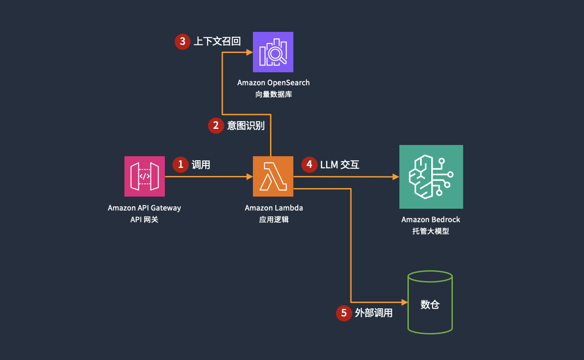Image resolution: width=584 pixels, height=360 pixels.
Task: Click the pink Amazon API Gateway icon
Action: [144, 176]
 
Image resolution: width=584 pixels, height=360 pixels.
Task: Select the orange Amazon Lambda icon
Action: [273, 176]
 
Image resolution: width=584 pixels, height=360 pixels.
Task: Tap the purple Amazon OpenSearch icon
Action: [273, 52]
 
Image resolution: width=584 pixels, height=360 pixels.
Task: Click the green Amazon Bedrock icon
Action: [431, 176]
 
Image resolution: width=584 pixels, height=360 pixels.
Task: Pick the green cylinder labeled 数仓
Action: [430, 302]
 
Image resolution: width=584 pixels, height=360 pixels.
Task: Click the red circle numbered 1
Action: [181, 165]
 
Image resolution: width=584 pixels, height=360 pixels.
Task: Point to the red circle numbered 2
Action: [216, 126]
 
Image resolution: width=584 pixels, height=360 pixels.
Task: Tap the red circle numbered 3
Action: [182, 42]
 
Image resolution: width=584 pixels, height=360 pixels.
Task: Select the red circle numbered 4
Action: [309, 165]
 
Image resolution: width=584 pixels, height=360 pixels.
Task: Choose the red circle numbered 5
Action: [344, 313]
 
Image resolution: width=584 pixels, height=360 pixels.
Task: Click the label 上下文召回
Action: [217, 42]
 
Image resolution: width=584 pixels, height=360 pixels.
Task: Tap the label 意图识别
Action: [246, 126]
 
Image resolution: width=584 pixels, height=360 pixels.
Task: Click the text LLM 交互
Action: [340, 165]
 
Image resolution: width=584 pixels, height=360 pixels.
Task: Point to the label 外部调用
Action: [373, 313]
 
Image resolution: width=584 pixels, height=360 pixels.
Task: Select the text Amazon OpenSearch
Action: [273, 83]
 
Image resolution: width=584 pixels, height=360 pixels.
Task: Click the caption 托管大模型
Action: [430, 232]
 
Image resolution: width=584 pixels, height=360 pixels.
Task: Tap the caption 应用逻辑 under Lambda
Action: [274, 220]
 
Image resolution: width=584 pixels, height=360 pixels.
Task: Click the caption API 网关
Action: [144, 220]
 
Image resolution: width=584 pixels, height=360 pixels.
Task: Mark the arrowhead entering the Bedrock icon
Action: [396, 177]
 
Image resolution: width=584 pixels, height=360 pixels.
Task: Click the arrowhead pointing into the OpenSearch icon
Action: [249, 53]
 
